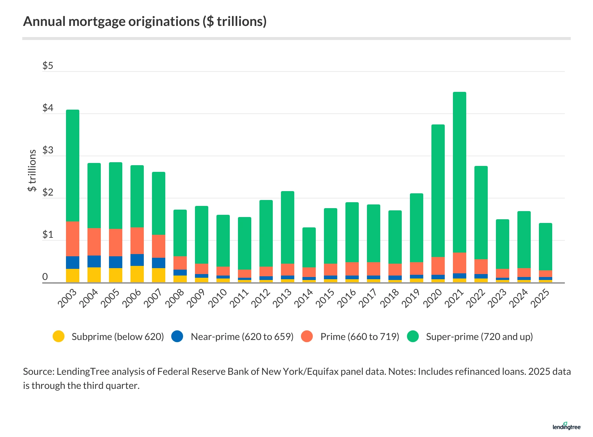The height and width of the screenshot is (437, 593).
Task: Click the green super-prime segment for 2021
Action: tap(460, 172)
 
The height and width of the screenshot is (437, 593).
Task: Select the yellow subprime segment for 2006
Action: tap(137, 274)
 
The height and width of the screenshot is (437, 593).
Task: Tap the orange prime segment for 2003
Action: tap(73, 239)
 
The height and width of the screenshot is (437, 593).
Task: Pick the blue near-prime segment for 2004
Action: tap(94, 261)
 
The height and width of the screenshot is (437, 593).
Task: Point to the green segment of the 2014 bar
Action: tap(309, 247)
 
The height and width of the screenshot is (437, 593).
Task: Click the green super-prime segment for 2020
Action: tap(438, 191)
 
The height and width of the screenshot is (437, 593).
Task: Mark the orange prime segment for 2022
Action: tap(481, 267)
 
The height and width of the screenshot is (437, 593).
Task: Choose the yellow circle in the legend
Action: tap(59, 336)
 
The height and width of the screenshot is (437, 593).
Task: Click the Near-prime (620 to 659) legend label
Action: tap(242, 337)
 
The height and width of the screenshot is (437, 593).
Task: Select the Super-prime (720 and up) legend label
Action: tap(479, 337)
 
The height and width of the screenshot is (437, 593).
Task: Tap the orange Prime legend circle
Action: tap(307, 336)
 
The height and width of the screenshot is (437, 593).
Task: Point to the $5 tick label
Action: tap(48, 66)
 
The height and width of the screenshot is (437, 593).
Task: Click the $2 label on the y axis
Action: tap(48, 193)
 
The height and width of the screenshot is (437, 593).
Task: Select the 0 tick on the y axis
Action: tap(45, 277)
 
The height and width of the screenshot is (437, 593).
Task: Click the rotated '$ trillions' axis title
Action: tap(32, 170)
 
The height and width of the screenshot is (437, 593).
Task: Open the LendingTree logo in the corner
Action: tap(566, 427)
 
